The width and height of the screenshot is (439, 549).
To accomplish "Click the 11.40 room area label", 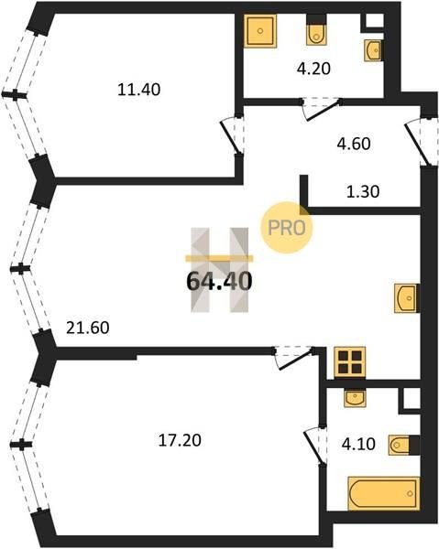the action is pos(139,90).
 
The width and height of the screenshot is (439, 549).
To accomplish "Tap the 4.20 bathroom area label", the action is pos(313,69).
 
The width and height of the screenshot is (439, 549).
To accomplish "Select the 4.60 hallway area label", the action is pos(354,144).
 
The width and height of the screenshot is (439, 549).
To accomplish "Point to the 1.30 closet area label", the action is pos(363,191).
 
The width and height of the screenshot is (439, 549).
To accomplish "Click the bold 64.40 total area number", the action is pos(219,281).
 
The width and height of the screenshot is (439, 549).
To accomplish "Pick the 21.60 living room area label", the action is pos(88,328).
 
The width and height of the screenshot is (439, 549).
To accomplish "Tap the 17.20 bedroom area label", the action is pos(180,440).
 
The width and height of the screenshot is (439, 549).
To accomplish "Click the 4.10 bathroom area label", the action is pos(358,444).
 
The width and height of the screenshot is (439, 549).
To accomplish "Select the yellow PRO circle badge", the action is pos(287,228).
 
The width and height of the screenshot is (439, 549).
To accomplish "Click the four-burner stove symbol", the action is pos(349,362).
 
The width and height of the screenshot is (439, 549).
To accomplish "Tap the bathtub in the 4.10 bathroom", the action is pos(384,493).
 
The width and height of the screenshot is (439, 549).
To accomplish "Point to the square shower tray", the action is pos(260,31).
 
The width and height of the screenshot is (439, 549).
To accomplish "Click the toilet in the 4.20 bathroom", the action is pos(316,30).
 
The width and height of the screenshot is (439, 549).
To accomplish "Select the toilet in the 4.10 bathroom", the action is pos(403,445).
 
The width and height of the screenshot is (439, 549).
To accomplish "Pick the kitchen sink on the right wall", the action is pos(407,298).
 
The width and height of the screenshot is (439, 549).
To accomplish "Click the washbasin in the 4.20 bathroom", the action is pos(373,50).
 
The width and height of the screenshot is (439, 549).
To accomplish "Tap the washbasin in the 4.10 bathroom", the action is pos(356,398).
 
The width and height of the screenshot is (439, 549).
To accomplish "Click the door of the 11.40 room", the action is pos(232,136).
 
